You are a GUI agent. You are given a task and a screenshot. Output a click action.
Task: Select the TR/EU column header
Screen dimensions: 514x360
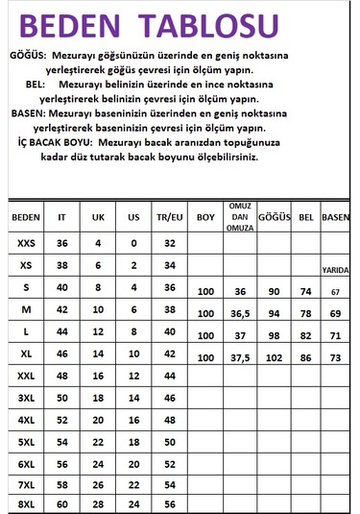point(169,217)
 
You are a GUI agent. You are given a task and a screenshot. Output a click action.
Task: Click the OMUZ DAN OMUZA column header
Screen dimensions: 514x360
point(239,218)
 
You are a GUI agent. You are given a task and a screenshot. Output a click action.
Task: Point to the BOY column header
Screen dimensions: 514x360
point(205,217)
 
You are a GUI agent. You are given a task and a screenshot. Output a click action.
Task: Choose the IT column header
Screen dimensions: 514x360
point(63,217)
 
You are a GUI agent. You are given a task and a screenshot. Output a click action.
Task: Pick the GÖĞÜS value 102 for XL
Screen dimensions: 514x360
point(274,357)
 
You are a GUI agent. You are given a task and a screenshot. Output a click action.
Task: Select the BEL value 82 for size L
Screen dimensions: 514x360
point(307,335)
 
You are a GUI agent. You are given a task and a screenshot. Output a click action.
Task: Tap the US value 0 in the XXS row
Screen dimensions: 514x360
point(133,244)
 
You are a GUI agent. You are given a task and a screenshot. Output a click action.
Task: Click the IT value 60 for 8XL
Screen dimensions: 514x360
point(63,503)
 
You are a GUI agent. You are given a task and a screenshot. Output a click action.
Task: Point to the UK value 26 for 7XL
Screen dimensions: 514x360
point(98,483)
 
